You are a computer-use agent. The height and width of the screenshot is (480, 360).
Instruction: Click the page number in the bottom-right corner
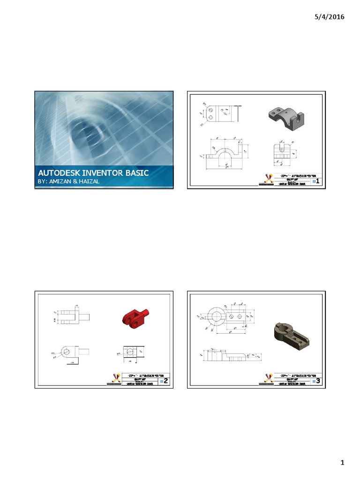(343, 464)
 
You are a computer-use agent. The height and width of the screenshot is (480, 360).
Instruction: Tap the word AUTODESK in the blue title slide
(56, 173)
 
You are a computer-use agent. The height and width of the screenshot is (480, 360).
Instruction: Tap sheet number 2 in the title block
(165, 382)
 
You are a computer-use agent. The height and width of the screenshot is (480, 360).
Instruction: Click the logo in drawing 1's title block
(268, 179)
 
